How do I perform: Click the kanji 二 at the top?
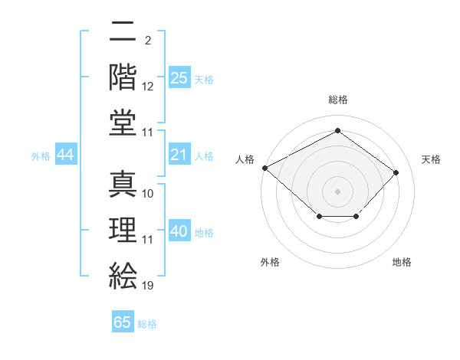pyautogui.click(x=123, y=32)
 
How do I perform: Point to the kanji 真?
pyautogui.click(x=123, y=182)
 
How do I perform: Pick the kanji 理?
pyautogui.click(x=123, y=227)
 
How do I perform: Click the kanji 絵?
pyautogui.click(x=123, y=273)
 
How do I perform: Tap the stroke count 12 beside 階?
pyautogui.click(x=148, y=87)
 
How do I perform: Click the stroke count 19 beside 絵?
pyautogui.click(x=148, y=285)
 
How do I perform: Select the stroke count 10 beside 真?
pyautogui.click(x=148, y=194)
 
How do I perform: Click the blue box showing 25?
pyautogui.click(x=179, y=78)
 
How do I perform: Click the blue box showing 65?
pyautogui.click(x=123, y=322)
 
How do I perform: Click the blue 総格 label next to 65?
pyautogui.click(x=147, y=324)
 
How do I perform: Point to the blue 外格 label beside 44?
pyautogui.click(x=41, y=156)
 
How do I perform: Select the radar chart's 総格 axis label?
pyautogui.click(x=337, y=100)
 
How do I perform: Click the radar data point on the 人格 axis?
pyautogui.click(x=264, y=168)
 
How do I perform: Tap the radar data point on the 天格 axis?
pyautogui.click(x=396, y=172)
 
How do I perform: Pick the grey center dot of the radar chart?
pyautogui.click(x=337, y=191)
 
